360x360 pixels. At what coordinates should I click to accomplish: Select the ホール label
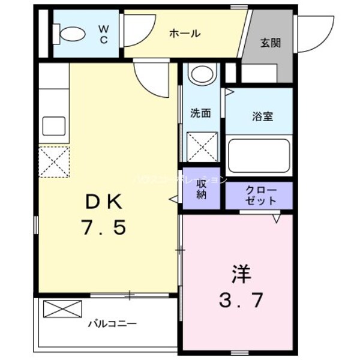pyautogui.click(x=184, y=34)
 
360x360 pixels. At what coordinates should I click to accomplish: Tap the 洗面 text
pyautogui.click(x=200, y=113)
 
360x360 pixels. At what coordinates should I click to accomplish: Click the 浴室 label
pyautogui.click(x=262, y=116)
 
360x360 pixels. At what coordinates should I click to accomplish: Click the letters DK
pyautogui.click(x=102, y=203)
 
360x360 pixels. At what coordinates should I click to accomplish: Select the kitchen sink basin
pyautogui.click(x=53, y=127)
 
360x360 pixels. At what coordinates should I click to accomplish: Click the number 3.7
pyautogui.click(x=240, y=300)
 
